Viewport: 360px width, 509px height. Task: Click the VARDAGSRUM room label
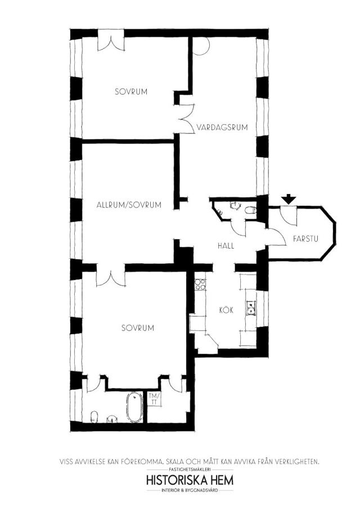(222, 127)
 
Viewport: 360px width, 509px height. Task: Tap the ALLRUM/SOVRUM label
(129, 205)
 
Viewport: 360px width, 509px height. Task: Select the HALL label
(226, 246)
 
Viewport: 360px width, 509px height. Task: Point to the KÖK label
(226, 310)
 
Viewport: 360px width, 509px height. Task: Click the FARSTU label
(305, 239)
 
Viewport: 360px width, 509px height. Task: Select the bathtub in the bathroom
(134, 407)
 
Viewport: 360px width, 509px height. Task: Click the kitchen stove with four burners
(200, 285)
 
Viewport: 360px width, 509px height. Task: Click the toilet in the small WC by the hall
(250, 210)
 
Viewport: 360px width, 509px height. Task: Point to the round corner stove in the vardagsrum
(199, 46)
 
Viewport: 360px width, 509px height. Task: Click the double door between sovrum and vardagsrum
(187, 118)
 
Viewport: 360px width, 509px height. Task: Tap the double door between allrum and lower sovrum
(111, 278)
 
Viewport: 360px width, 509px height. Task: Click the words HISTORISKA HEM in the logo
(190, 480)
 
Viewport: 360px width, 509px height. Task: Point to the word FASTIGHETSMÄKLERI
(190, 470)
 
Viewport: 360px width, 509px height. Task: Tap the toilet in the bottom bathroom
(94, 416)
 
